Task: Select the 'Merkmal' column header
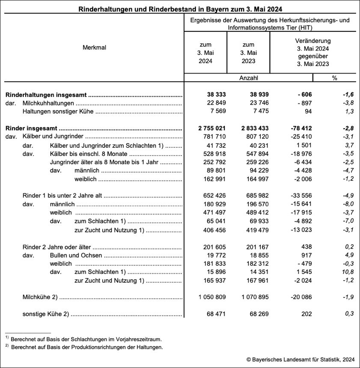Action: click(x=94, y=48)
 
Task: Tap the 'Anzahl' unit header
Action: click(x=249, y=78)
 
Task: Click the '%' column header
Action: click(x=334, y=78)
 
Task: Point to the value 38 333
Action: click(x=214, y=95)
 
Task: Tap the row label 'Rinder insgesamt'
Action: click(x=32, y=128)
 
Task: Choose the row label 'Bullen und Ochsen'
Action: click(x=76, y=256)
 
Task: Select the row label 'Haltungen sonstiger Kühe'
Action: click(x=58, y=112)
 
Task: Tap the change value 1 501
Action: click(x=303, y=145)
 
